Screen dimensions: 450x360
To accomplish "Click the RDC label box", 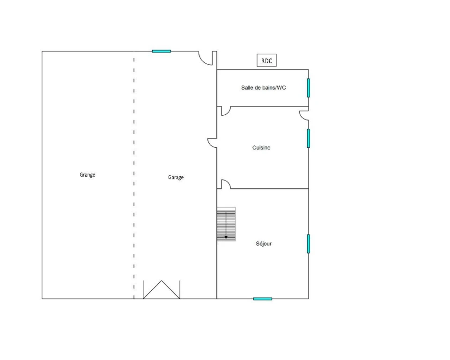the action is tap(266, 60).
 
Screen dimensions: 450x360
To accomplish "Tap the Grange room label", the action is tap(87, 175).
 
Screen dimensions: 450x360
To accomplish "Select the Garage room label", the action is tap(176, 177).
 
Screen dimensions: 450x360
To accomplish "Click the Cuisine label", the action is tap(261, 147).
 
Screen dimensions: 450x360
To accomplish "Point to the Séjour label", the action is tap(264, 244).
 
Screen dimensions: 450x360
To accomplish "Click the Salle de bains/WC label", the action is tap(264, 88).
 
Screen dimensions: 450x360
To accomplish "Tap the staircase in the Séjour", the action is tap(226, 224).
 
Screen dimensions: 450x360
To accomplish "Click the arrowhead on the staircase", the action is tap(226, 237).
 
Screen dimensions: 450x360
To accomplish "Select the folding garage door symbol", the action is tap(162, 290).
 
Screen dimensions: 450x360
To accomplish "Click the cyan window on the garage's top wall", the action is tap(161, 51).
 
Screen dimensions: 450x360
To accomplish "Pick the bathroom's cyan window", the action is tap(309, 88).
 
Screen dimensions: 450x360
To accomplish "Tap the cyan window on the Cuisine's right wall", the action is tap(309, 138).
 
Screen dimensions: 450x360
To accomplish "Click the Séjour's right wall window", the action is tap(309, 244).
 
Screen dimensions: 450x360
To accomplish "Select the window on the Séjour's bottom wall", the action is tap(263, 299).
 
